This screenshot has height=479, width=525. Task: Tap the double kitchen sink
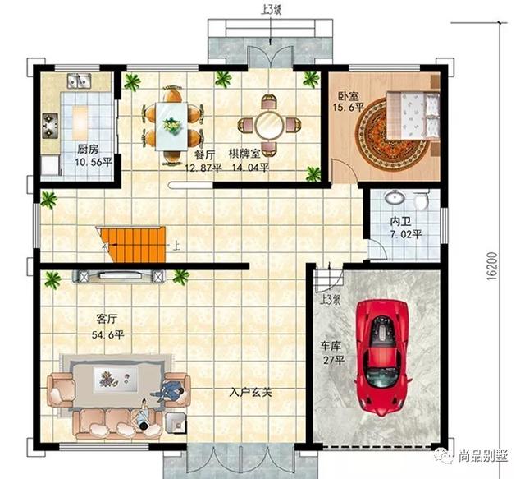(78, 81)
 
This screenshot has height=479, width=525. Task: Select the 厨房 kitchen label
(87, 150)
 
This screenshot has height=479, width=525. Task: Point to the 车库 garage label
(330, 347)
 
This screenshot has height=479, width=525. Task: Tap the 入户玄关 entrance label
(251, 392)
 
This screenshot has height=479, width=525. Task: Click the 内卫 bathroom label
(401, 222)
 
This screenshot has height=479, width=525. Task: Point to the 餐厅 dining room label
(205, 154)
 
